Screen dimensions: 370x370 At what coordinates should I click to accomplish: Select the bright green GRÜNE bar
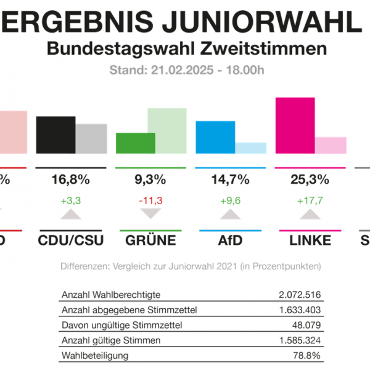pyautogui.click(x=136, y=142)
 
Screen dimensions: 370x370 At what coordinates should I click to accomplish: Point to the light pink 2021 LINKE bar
pyautogui.click(x=331, y=145)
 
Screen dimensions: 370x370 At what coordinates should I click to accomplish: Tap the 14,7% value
pyautogui.click(x=231, y=180)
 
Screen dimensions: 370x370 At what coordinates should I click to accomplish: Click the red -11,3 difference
pyautogui.click(x=150, y=200)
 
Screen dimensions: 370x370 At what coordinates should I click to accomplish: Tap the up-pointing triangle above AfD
pyautogui.click(x=231, y=215)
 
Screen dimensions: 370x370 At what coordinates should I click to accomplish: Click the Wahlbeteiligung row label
pyautogui.click(x=94, y=356)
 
